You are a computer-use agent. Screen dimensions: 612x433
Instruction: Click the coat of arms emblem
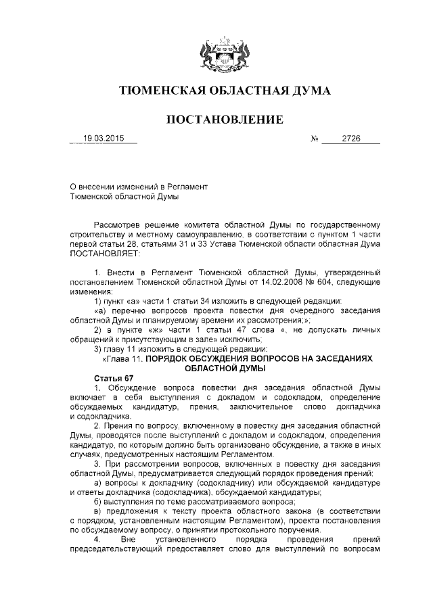click(216, 55)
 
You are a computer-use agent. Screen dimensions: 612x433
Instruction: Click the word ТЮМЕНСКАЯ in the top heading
click(160, 91)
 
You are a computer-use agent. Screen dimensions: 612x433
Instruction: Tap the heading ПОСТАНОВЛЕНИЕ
click(216, 120)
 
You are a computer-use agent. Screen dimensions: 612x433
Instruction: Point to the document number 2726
click(351, 139)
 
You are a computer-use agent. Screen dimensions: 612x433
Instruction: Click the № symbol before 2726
click(314, 140)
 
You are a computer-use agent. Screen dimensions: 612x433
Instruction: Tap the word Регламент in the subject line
click(187, 186)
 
